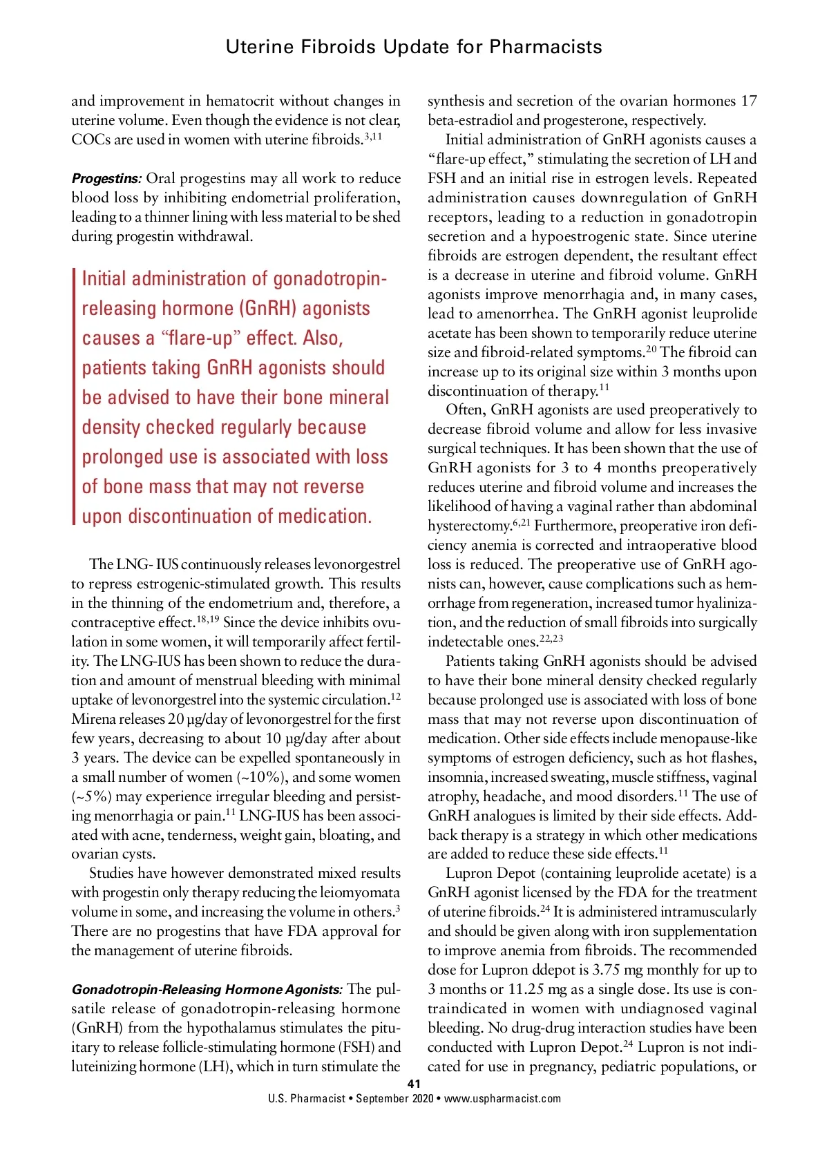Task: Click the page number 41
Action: pyautogui.click(x=414, y=1084)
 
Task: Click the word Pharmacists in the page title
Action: pyautogui.click(x=546, y=47)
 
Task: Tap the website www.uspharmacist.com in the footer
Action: pyautogui.click(x=502, y=1098)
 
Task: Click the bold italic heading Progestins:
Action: pyautogui.click(x=106, y=178)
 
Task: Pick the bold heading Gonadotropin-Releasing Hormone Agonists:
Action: pyautogui.click(x=207, y=989)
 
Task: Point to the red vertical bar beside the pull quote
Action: pyautogui.click(x=74, y=397)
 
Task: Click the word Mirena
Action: pyautogui.click(x=94, y=719)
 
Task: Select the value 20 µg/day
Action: pyautogui.click(x=180, y=719)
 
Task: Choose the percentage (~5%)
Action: pyautogui.click(x=91, y=796)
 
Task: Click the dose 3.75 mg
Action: pyautogui.click(x=615, y=970)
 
